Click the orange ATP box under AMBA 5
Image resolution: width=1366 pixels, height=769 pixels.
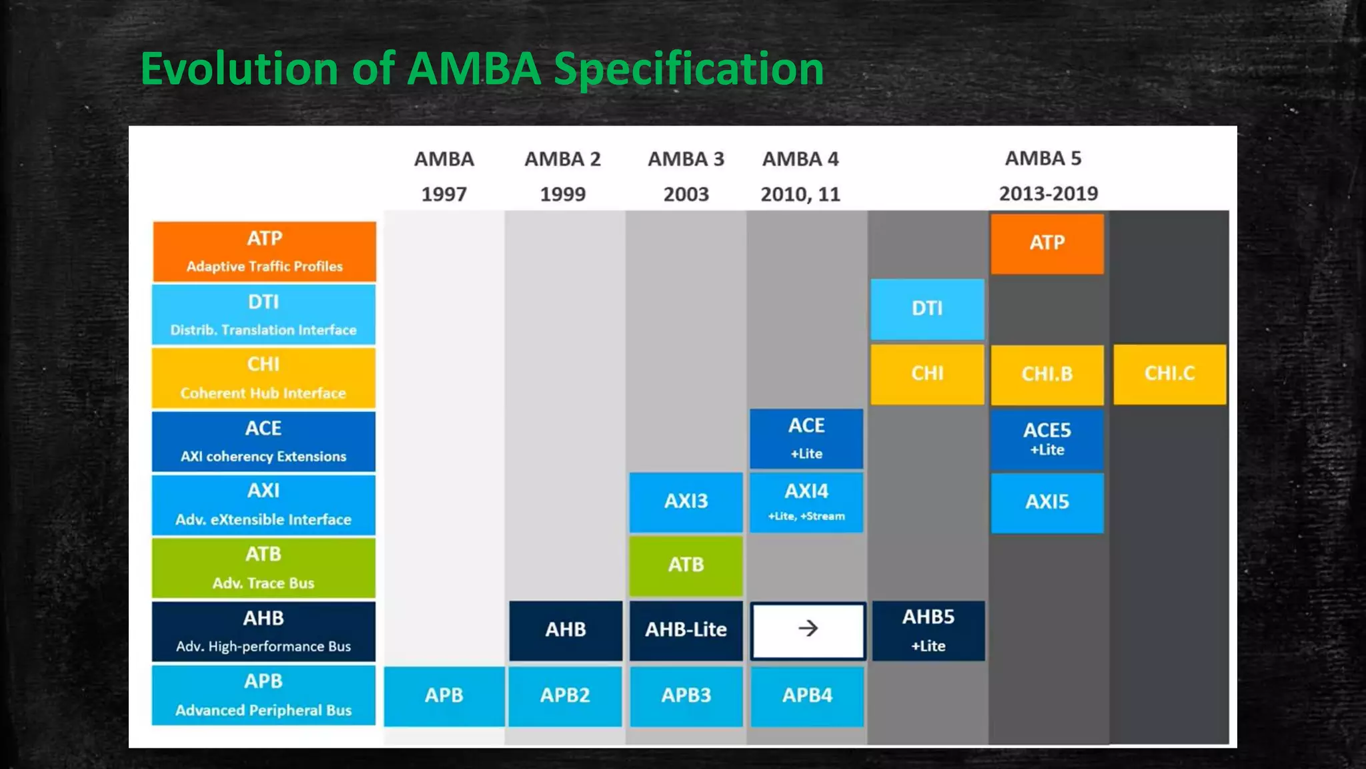click(1047, 244)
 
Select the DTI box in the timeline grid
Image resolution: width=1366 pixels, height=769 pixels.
click(927, 309)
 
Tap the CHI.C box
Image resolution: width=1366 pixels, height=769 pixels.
click(1169, 374)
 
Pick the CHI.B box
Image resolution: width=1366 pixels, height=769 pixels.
click(1047, 374)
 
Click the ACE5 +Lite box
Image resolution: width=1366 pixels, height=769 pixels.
click(1047, 439)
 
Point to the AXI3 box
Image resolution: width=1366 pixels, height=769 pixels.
click(686, 502)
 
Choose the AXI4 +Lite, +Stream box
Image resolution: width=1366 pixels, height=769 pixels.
click(806, 502)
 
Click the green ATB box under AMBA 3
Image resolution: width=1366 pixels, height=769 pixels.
click(686, 565)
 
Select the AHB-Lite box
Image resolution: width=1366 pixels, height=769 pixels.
click(686, 630)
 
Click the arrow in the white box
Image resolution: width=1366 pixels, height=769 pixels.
click(808, 629)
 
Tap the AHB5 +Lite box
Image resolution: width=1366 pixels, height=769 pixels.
click(928, 630)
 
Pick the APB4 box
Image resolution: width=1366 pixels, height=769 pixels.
click(807, 696)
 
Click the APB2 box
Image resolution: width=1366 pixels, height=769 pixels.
click(565, 696)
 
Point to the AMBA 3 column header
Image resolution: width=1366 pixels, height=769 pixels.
click(686, 160)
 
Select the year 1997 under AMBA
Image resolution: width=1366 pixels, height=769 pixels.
click(444, 194)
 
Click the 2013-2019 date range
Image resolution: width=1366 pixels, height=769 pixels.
click(1048, 194)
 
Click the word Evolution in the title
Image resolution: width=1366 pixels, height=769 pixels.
click(239, 69)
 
